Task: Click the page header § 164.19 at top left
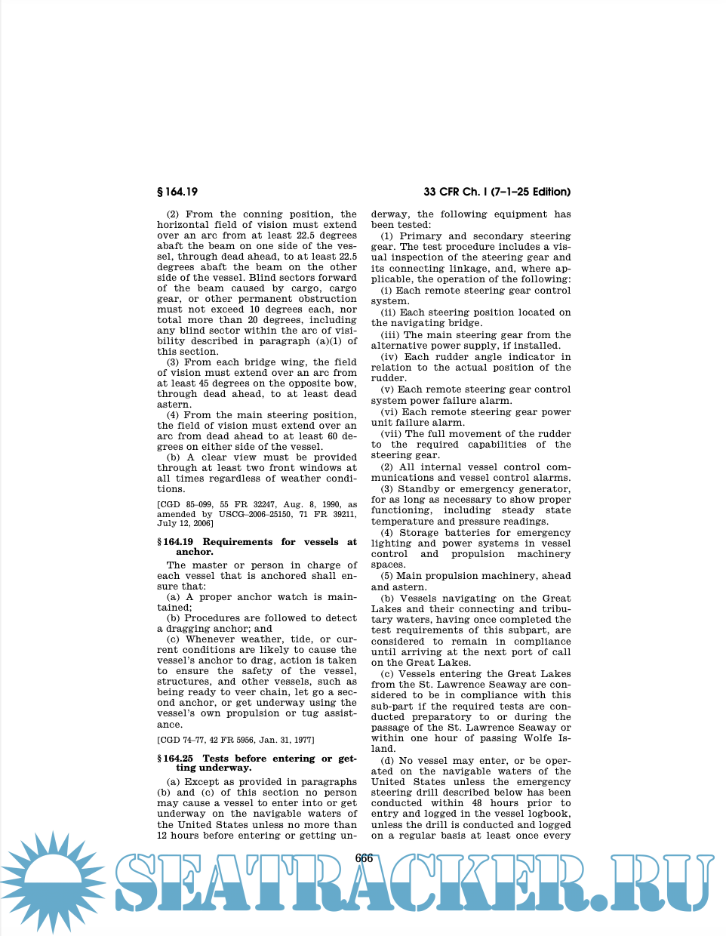[177, 192]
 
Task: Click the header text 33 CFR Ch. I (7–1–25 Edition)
[497, 192]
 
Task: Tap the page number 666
[364, 858]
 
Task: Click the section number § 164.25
[175, 759]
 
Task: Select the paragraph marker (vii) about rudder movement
[391, 434]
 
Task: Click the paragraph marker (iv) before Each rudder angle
[389, 357]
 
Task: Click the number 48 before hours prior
[477, 803]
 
